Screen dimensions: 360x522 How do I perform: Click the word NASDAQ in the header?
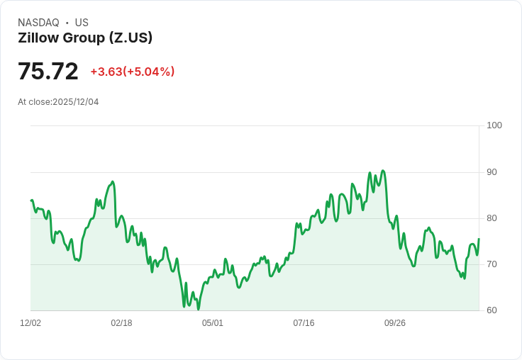(38, 23)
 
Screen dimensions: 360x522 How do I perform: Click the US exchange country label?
(82, 23)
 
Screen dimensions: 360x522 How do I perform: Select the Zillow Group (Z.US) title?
(85, 38)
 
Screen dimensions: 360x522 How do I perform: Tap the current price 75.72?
(48, 72)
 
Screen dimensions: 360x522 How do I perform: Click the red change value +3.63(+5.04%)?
(132, 72)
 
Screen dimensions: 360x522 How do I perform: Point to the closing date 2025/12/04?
(76, 102)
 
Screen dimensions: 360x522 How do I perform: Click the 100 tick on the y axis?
(494, 125)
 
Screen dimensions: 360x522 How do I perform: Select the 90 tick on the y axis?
(492, 172)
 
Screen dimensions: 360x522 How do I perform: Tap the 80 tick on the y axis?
(492, 218)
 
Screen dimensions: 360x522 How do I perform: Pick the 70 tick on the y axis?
(492, 264)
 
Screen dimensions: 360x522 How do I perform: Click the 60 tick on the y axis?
(492, 310)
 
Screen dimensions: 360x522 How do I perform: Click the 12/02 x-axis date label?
(30, 323)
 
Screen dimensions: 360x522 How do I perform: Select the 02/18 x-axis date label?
(121, 323)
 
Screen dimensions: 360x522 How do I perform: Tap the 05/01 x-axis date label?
(213, 323)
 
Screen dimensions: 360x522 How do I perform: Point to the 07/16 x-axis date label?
(304, 323)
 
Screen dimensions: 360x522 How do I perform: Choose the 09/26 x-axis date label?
(395, 323)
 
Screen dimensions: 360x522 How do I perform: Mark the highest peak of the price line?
(383, 171)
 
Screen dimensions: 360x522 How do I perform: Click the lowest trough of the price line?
(199, 309)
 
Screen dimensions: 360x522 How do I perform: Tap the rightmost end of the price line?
(479, 239)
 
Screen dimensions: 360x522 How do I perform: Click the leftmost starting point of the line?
(31, 201)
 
